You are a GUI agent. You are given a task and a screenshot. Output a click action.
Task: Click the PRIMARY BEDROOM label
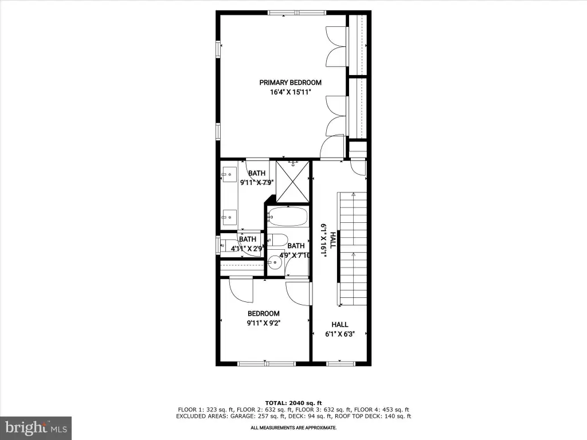pos(290,82)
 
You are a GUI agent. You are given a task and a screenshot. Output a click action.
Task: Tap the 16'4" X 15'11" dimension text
pos(291,92)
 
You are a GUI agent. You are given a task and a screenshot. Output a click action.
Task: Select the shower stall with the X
pos(293,182)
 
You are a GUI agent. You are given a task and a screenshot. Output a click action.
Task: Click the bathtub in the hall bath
pos(288,217)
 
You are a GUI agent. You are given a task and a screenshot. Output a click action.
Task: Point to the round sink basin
pos(275,262)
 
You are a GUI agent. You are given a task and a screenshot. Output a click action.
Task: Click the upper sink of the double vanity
pos(229,175)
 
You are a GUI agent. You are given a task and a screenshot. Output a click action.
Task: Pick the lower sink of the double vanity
pos(229,217)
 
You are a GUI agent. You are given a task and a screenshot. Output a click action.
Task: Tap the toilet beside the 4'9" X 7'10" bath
pos(277,240)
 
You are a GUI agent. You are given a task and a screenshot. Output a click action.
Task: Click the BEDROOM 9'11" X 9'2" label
pos(264,319)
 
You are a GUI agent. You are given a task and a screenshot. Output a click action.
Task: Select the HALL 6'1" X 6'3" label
pos(340,329)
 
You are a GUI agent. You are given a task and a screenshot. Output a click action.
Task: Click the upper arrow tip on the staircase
pos(353,194)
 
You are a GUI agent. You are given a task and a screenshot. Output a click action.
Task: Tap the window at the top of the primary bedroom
pos(298,13)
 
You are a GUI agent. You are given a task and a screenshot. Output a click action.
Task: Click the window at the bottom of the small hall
pos(341,363)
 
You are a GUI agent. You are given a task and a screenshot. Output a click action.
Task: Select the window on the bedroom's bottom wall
pos(267,363)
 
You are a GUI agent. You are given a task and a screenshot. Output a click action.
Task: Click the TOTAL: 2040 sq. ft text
pos(293,403)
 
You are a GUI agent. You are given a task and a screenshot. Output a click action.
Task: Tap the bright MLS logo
pos(36,428)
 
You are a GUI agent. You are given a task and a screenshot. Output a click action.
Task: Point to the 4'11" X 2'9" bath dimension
pos(247,248)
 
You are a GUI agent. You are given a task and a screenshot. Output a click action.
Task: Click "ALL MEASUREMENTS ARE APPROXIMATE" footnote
pos(293,427)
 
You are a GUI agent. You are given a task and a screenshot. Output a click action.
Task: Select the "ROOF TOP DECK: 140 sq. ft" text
pos(373,416)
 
